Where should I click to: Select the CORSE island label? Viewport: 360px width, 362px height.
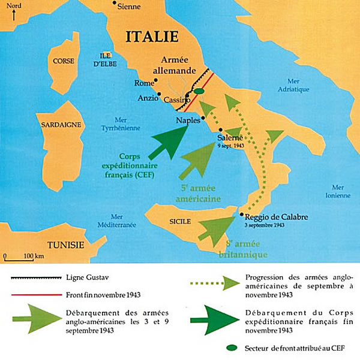(x=63, y=61)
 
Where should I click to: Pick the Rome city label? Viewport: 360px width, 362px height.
(x=144, y=83)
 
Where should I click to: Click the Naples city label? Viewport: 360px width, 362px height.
(x=188, y=120)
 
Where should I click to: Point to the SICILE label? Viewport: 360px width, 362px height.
(x=180, y=222)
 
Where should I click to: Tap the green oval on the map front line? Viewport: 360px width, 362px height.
(x=199, y=92)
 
